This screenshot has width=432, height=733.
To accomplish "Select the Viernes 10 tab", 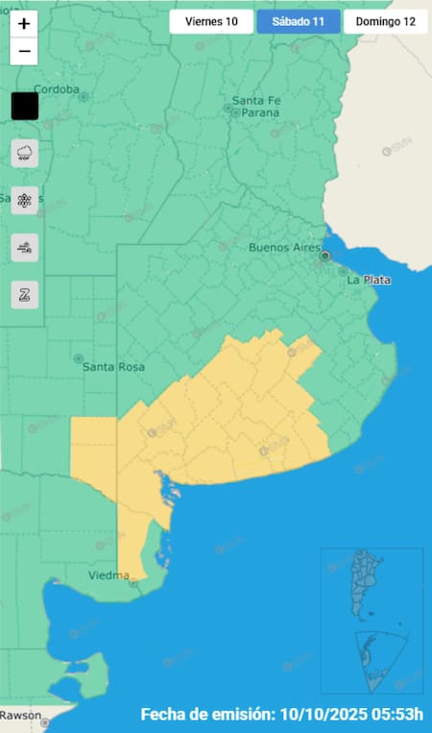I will pyautogui.click(x=211, y=22).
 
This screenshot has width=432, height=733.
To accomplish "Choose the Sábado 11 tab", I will pyautogui.click(x=299, y=22).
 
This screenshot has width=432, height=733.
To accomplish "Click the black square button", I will pyautogui.click(x=25, y=106).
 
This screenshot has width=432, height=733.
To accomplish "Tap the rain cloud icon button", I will pyautogui.click(x=25, y=153).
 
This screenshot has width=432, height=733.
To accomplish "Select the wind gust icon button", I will pyautogui.click(x=25, y=248).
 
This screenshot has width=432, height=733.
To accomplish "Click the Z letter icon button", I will pyautogui.click(x=25, y=295).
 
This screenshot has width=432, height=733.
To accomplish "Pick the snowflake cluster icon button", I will pyautogui.click(x=25, y=200).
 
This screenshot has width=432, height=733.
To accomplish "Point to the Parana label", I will pyautogui.click(x=254, y=112).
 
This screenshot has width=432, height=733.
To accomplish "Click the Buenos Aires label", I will pyautogui.click(x=283, y=247).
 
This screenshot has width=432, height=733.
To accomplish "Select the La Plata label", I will pyautogui.click(x=367, y=280).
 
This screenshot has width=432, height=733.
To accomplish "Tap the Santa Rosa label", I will pyautogui.click(x=112, y=366).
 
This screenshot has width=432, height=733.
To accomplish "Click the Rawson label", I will pyautogui.click(x=21, y=715).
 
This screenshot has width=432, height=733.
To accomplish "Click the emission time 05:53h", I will pyautogui.click(x=395, y=715).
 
